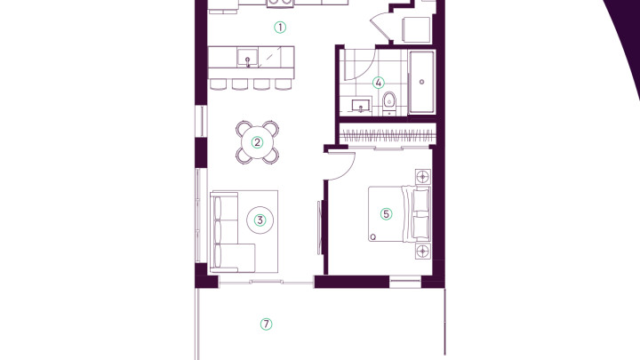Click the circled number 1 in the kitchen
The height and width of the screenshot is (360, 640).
click(x=280, y=28)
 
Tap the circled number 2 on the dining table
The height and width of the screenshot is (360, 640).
click(x=257, y=142)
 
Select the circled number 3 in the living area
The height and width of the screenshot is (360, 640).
click(x=260, y=220)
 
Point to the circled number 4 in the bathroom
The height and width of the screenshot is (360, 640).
click(x=379, y=83)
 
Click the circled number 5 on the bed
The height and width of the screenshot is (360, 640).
click(x=386, y=214)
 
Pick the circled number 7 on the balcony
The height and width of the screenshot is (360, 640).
click(x=266, y=324)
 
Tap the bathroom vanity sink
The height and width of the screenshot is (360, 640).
click(x=361, y=105)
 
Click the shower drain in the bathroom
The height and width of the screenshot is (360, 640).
click(x=421, y=82)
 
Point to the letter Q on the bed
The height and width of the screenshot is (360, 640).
click(x=372, y=236)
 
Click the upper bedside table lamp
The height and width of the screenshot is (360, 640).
click(x=423, y=177)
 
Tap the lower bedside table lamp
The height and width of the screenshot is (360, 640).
click(x=423, y=251)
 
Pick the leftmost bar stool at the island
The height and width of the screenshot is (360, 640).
click(x=218, y=84)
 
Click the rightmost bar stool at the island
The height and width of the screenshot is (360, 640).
click(x=284, y=84)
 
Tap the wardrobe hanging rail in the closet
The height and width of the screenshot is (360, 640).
click(x=388, y=134)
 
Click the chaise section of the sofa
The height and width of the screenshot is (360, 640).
click(x=235, y=257)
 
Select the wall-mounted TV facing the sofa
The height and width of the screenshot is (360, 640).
click(x=320, y=228)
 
